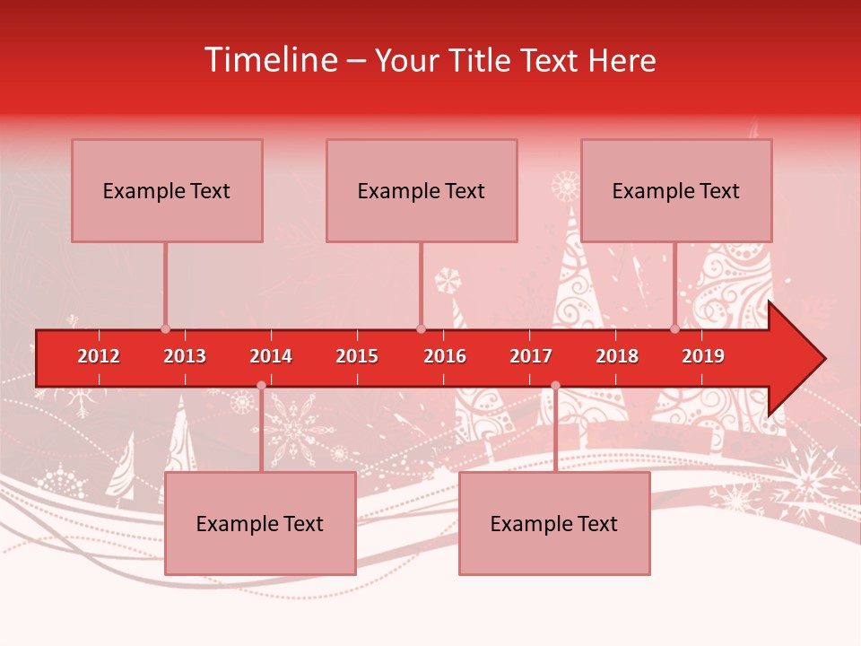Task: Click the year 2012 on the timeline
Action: pyautogui.click(x=99, y=357)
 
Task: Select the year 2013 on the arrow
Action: pyautogui.click(x=185, y=357)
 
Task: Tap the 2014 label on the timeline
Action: pyautogui.click(x=271, y=357)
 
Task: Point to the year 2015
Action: pyautogui.click(x=357, y=357)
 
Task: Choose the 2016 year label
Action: pyautogui.click(x=445, y=357)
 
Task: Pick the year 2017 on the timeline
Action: pyautogui.click(x=531, y=357)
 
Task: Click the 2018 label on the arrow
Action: pyautogui.click(x=617, y=357)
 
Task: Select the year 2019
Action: pyautogui.click(x=703, y=357)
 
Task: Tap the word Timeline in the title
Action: pyautogui.click(x=270, y=60)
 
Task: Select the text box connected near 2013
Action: pyautogui.click(x=167, y=190)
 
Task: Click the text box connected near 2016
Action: pyautogui.click(x=422, y=190)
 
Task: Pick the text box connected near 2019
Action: pyautogui.click(x=676, y=190)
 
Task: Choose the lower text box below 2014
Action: pyautogui.click(x=260, y=523)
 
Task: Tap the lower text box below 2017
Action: pyautogui.click(x=554, y=523)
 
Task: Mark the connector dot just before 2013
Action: pyautogui.click(x=166, y=328)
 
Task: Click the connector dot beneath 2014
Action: pyautogui.click(x=261, y=386)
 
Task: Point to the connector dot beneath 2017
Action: pyautogui.click(x=555, y=386)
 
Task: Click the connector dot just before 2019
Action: pyautogui.click(x=675, y=328)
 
